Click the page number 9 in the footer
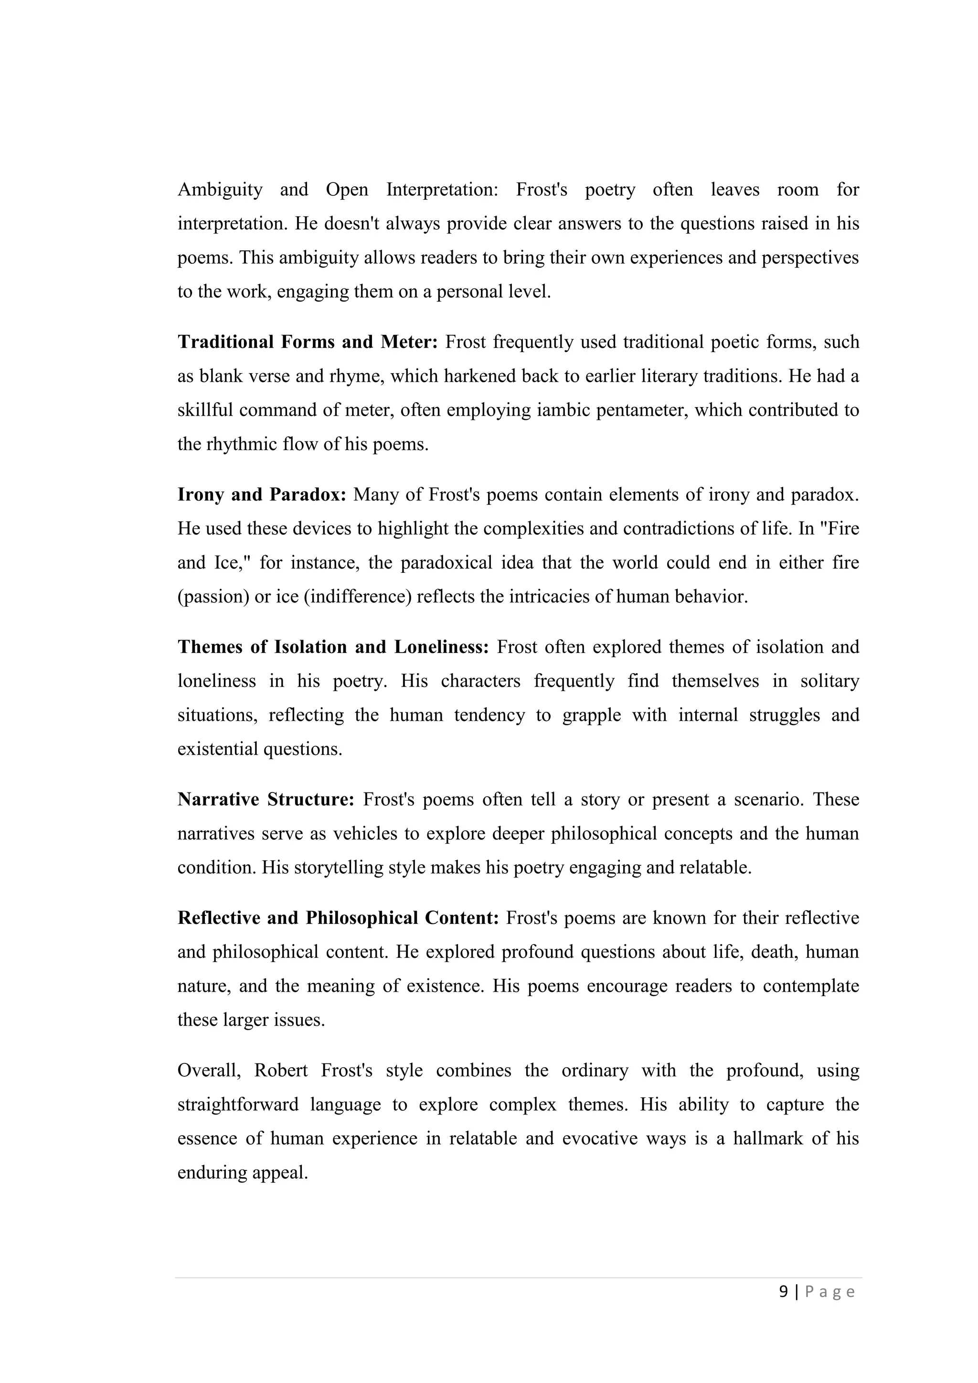[784, 1291]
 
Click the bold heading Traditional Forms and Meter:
[308, 342]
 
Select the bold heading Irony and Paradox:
[262, 494]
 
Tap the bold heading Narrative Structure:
[266, 799]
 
